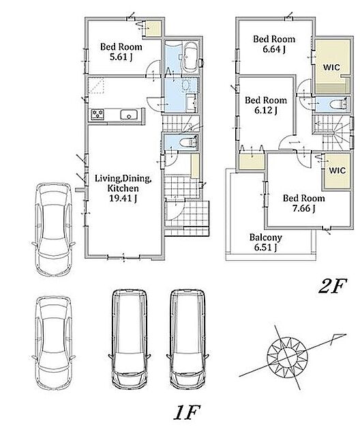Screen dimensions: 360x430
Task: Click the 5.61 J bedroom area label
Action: coord(121,52)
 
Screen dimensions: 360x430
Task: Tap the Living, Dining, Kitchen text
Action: coord(123,184)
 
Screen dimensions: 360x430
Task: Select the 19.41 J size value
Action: coord(123,198)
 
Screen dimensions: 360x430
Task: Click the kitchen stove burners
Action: coord(97,114)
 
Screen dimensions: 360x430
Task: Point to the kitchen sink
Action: coord(128,115)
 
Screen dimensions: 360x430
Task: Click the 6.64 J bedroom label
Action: coord(274,44)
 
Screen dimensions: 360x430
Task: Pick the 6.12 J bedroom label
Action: coord(266,105)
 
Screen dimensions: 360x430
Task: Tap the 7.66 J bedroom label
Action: coord(304,203)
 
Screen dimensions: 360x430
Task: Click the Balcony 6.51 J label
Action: coord(265,242)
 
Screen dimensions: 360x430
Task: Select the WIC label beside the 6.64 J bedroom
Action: coord(331,68)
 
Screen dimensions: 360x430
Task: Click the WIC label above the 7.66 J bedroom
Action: coord(337,171)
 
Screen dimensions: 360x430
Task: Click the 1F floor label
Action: coord(187,412)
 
